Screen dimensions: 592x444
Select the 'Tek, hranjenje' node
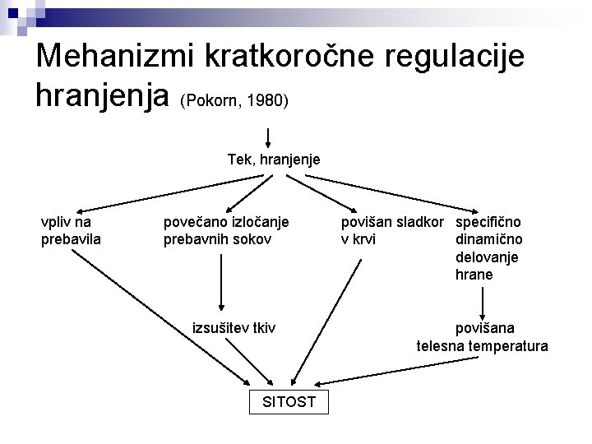(274, 158)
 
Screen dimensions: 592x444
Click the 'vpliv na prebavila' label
(71, 230)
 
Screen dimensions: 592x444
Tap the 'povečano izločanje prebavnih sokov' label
(227, 230)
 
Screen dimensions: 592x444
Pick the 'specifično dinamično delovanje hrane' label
(488, 248)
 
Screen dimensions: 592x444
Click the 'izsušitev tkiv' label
(234, 328)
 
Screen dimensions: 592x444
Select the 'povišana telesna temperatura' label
(482, 337)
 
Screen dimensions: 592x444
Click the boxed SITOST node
(287, 402)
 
